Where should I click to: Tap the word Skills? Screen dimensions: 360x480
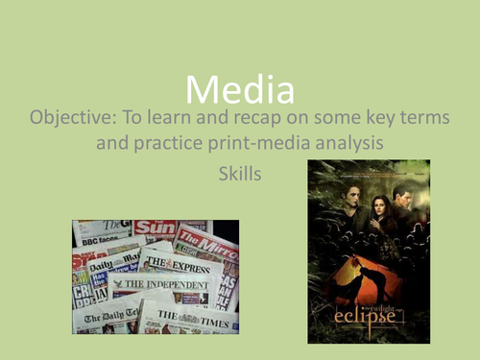240,177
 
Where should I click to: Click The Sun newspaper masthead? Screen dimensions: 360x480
154,228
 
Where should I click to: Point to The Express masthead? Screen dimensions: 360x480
189,266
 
